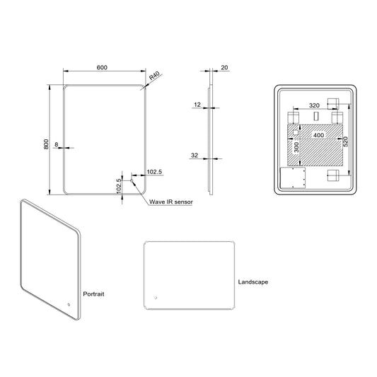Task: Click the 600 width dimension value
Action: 102,67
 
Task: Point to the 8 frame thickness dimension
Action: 56,144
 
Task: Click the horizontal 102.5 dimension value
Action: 155,172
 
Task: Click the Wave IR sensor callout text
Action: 171,202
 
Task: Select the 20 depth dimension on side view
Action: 224,67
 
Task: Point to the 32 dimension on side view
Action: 194,156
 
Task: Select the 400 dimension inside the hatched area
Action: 319,134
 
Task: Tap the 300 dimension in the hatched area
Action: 296,146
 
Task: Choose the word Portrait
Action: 93,292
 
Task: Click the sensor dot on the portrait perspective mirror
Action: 69,305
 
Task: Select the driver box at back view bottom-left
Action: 293,178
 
